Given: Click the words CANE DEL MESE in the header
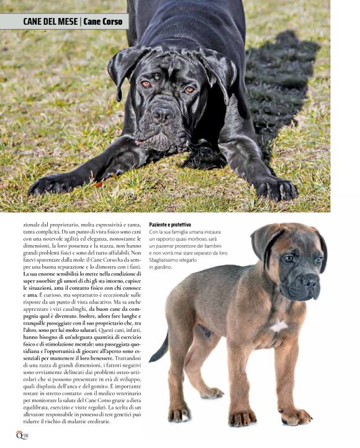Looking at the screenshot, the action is click(50, 22).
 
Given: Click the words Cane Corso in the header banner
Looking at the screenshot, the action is click(104, 22).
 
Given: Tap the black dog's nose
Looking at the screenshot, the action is click(163, 113).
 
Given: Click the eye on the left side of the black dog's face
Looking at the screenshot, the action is click(145, 84).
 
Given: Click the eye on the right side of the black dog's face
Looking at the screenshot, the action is click(189, 89).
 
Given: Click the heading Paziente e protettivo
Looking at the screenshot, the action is click(170, 224).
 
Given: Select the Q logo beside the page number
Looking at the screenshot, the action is click(19, 434).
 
